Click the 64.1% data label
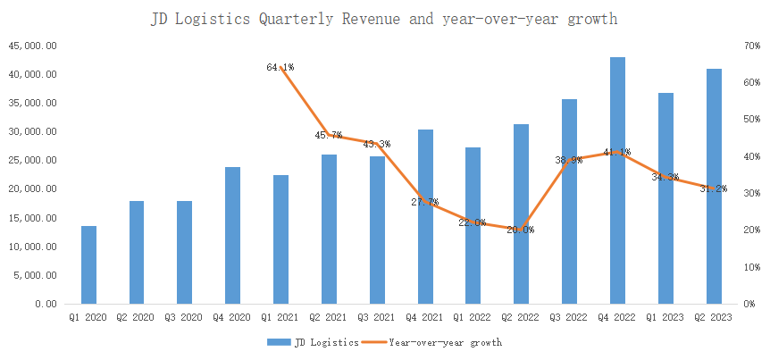pos(280,67)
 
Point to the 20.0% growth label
pos(521,230)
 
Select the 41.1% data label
pos(617,152)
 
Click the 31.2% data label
pos(714,188)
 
